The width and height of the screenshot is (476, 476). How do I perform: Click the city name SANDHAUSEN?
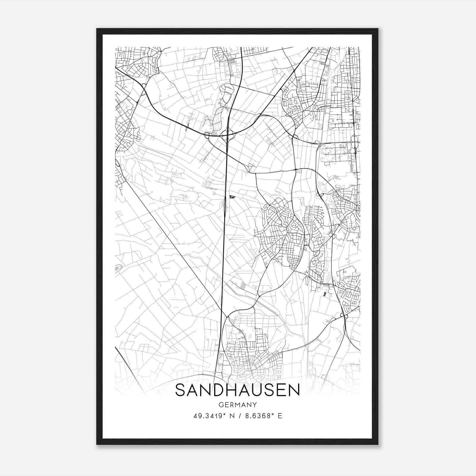coord(237,390)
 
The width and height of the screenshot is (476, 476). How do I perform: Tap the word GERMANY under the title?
coord(237,405)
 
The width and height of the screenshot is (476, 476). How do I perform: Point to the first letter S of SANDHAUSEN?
coord(181,390)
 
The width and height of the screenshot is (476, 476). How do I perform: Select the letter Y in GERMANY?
coord(254,405)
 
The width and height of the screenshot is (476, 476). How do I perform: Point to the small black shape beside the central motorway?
coord(232,196)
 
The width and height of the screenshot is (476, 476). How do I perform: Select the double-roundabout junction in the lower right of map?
coord(344,316)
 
